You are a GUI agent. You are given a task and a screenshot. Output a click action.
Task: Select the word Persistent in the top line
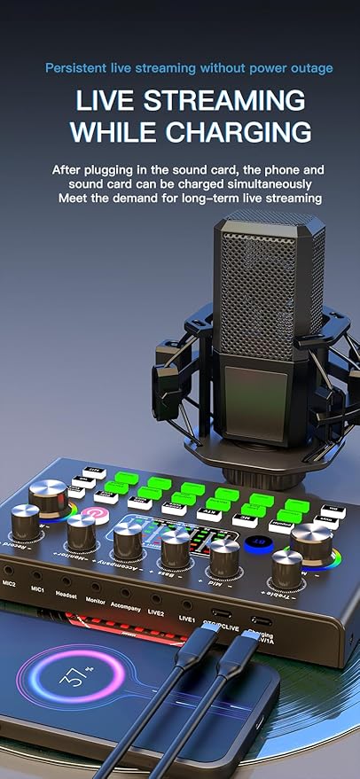(80, 67)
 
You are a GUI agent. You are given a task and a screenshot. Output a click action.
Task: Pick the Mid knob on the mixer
(223, 557)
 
